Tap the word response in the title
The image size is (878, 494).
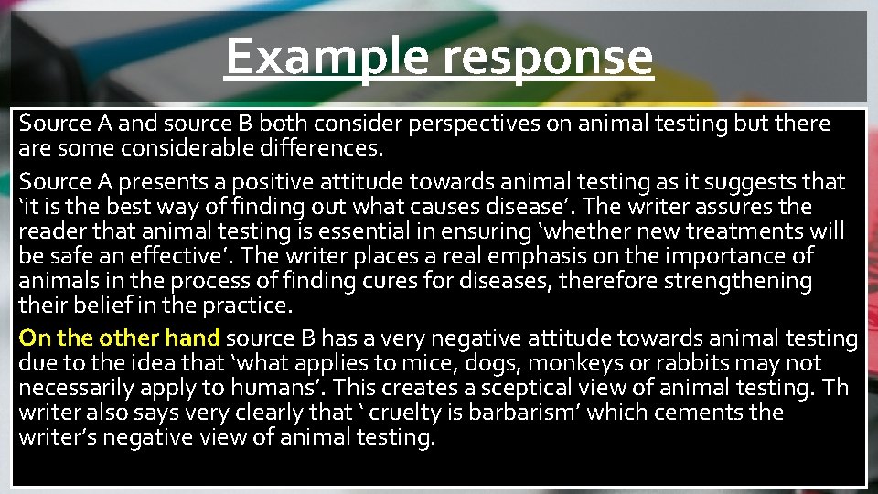(x=548, y=58)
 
